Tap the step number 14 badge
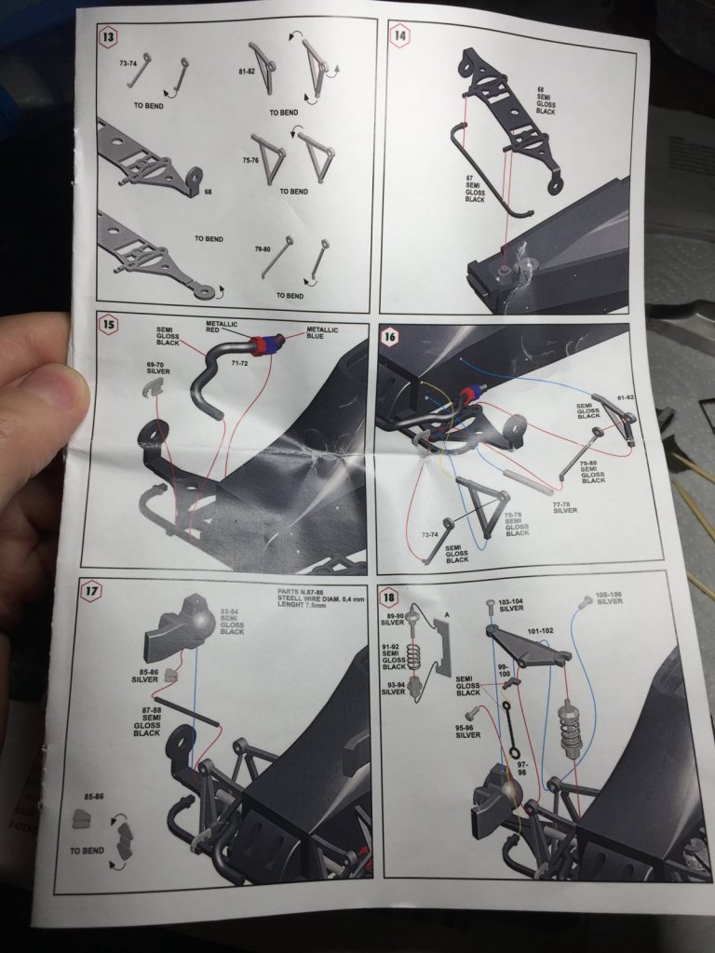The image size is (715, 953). click(x=400, y=37)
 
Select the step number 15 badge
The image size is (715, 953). click(x=110, y=326)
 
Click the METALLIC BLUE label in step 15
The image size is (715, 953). click(x=322, y=334)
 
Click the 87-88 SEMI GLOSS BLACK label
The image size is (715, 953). click(x=146, y=721)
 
